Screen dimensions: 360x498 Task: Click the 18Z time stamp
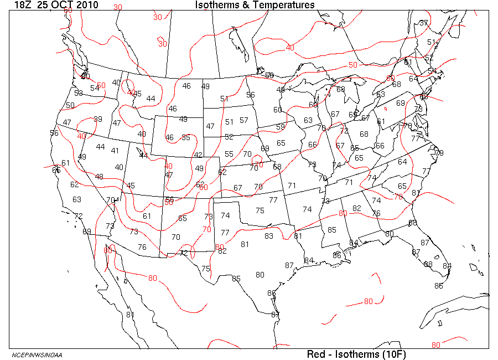tap(23, 5)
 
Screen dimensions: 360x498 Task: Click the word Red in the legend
tap(316, 354)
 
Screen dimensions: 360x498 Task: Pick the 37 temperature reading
tap(424, 23)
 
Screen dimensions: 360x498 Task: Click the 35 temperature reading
tap(186, 137)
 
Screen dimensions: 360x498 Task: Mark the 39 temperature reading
tap(98, 119)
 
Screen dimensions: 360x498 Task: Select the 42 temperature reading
tap(198, 155)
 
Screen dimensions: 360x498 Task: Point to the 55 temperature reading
tap(229, 154)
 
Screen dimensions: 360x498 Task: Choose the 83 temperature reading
tap(269, 236)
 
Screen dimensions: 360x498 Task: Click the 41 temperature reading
tap(115, 150)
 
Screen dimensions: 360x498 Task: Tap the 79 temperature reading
tap(439, 153)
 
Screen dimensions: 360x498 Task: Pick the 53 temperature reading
tap(79, 93)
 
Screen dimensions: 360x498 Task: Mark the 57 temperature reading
tap(244, 120)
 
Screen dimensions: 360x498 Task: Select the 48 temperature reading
tap(99, 177)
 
